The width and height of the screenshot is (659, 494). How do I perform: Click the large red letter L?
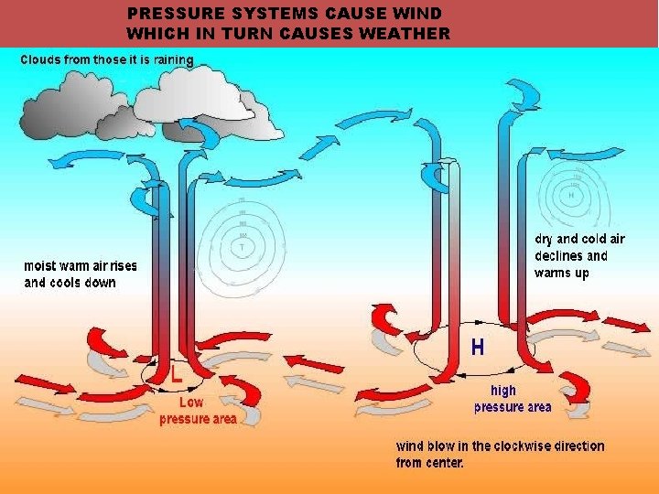click(x=177, y=374)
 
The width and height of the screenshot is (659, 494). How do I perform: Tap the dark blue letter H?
click(x=478, y=348)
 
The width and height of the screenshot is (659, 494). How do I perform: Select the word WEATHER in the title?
click(x=406, y=34)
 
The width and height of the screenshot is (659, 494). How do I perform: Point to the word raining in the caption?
click(x=172, y=60)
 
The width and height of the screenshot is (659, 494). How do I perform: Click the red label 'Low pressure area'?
click(x=197, y=411)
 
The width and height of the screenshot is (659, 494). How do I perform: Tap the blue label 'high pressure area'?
click(x=512, y=399)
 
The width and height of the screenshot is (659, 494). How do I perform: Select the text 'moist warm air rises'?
click(x=81, y=266)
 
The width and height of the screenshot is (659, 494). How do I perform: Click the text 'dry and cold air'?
click(x=580, y=239)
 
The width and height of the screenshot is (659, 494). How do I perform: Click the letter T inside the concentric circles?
click(x=242, y=247)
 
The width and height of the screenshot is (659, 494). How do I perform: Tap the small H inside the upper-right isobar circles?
click(x=572, y=195)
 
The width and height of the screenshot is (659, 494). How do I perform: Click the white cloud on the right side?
click(x=206, y=91)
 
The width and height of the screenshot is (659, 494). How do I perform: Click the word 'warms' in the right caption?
click(x=553, y=273)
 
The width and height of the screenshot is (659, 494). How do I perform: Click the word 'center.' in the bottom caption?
click(x=443, y=463)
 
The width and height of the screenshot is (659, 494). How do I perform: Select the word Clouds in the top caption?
click(x=42, y=60)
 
